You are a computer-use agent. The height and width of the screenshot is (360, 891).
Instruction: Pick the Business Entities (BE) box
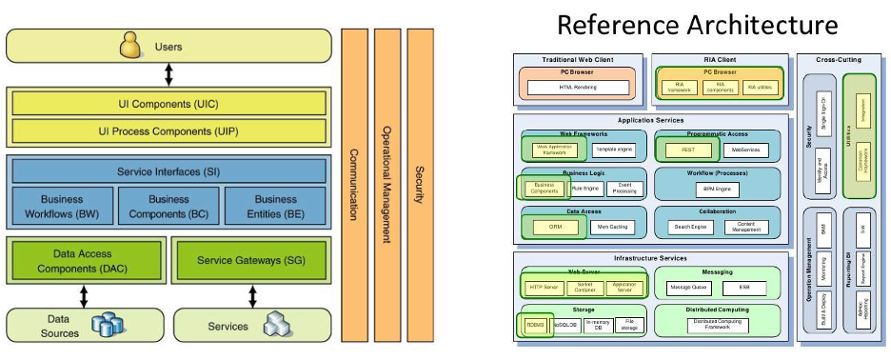point(276,206)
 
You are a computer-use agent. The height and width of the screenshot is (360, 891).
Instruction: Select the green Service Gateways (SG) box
point(251,260)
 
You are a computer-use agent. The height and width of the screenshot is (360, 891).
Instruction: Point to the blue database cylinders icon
point(109,327)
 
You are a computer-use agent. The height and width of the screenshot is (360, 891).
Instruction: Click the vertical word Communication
point(352,181)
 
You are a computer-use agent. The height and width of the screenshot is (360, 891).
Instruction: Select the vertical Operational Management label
point(386,181)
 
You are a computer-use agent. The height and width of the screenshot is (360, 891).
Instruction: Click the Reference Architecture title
point(698,24)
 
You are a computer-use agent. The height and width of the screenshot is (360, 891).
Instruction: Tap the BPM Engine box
point(719,190)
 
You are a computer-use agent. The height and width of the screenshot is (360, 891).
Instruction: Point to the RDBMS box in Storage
point(534,325)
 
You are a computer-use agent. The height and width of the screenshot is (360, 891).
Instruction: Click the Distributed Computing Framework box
point(720,325)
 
